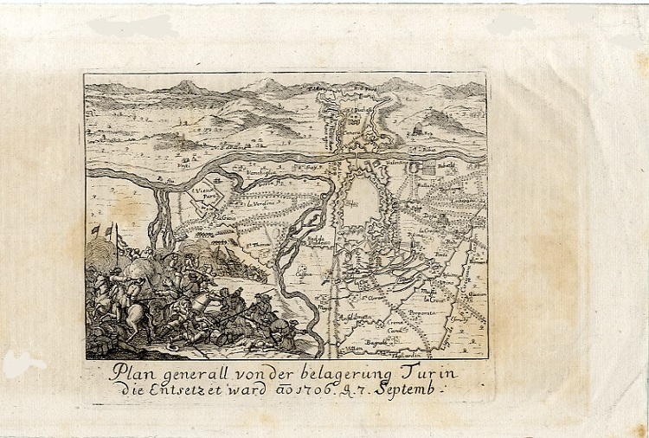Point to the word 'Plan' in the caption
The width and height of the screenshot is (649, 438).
(132, 372)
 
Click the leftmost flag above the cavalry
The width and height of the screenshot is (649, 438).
(95, 230)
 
